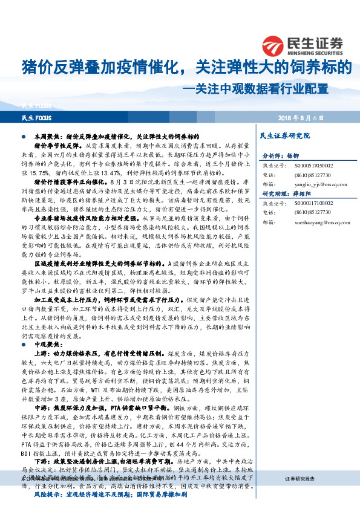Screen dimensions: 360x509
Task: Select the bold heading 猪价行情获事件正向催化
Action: point(70,181)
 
